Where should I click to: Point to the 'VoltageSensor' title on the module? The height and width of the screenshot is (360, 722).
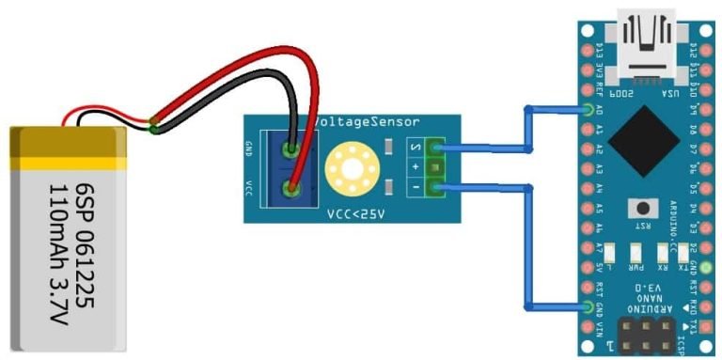tap(369, 122)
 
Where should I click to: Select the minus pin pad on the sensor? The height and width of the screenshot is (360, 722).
tap(434, 189)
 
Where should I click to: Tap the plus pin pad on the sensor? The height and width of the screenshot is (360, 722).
tap(434, 167)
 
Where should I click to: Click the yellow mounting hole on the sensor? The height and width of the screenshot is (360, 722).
tap(351, 169)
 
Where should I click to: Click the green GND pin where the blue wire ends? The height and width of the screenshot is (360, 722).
tap(589, 307)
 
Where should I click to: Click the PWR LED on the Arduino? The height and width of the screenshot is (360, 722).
tap(637, 255)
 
